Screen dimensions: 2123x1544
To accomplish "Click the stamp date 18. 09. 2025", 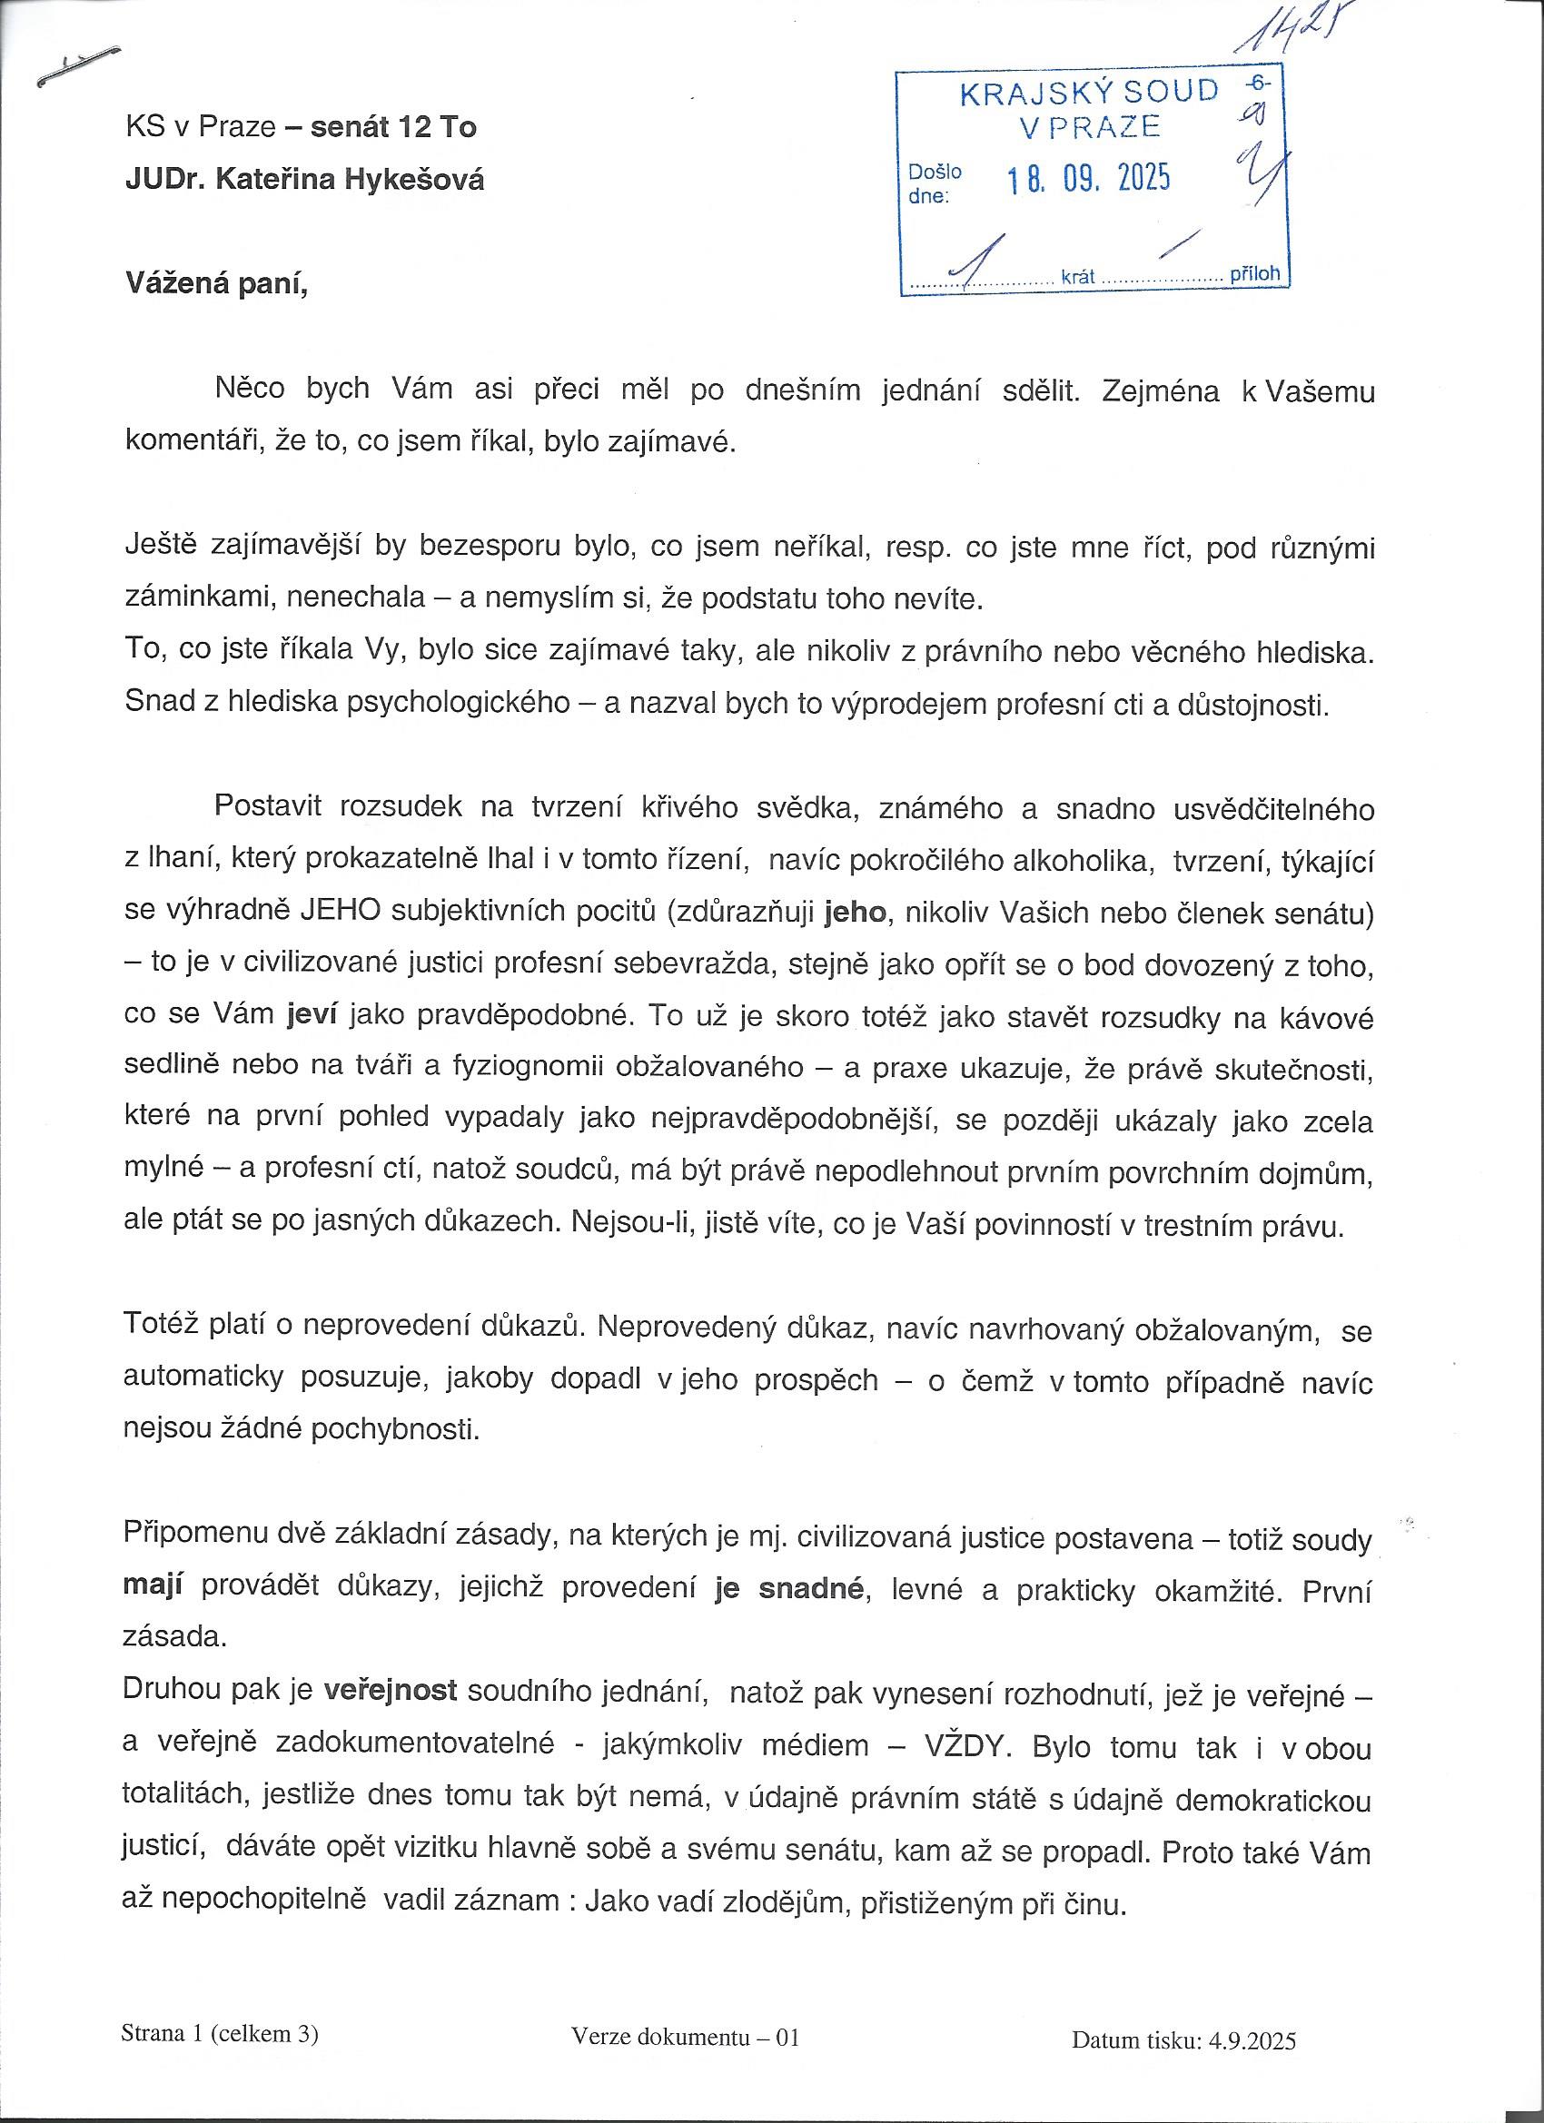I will coord(1088,178).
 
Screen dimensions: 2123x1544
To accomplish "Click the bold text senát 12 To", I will coord(393,126).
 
